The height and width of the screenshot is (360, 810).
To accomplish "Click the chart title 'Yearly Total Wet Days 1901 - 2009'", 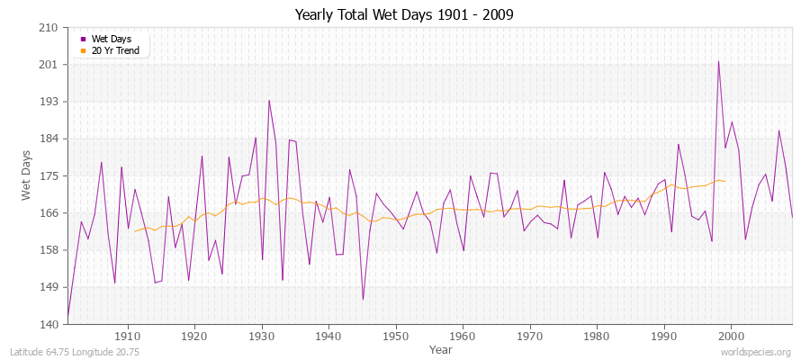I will pos(405,15).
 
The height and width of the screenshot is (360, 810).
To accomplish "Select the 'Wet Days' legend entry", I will pos(111,40).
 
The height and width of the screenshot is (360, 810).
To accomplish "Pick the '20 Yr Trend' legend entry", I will pos(115,51).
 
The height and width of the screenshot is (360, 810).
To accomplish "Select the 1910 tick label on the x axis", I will pos(127,336).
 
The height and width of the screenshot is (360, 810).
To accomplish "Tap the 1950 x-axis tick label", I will pos(395,336).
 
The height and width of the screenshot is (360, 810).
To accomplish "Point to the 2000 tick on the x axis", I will pos(731,336).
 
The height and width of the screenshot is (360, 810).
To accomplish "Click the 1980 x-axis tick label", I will pos(597,336).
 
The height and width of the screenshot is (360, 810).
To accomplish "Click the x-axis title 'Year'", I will pos(441,349).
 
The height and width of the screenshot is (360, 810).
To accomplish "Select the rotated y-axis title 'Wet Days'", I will pos(26,175).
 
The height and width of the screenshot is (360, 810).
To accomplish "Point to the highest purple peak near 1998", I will pos(718,61).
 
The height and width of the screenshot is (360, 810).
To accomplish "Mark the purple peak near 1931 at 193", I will pos(269,100).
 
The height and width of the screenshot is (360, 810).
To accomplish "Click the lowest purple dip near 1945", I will pos(363,299).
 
